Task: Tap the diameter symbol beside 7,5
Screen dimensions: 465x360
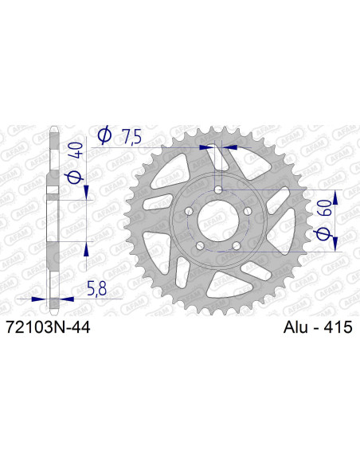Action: pos(104,136)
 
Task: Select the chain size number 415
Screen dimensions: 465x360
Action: pos(339,327)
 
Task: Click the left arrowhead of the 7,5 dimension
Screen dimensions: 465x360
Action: pos(209,147)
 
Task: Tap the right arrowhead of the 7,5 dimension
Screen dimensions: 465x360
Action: pos(230,147)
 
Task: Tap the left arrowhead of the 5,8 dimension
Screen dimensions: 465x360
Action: pos(43,297)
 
